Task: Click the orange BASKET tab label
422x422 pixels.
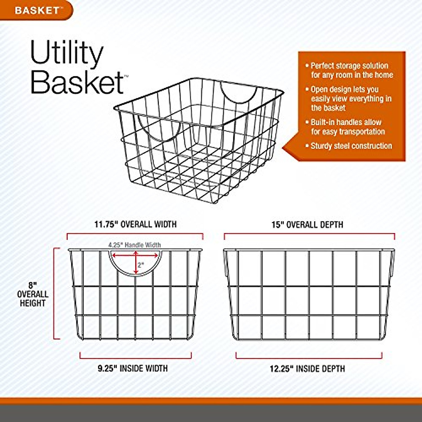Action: [x=37, y=10]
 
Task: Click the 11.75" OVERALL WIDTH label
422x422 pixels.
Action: [x=135, y=224]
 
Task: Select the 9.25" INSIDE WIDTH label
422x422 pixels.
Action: [x=133, y=369]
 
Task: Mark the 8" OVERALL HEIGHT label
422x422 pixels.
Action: [x=33, y=294]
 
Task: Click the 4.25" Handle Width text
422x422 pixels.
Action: [x=134, y=245]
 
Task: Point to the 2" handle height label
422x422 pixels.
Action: [x=141, y=265]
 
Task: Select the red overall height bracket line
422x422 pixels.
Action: [x=55, y=294]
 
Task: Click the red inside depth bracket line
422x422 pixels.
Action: [x=309, y=358]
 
